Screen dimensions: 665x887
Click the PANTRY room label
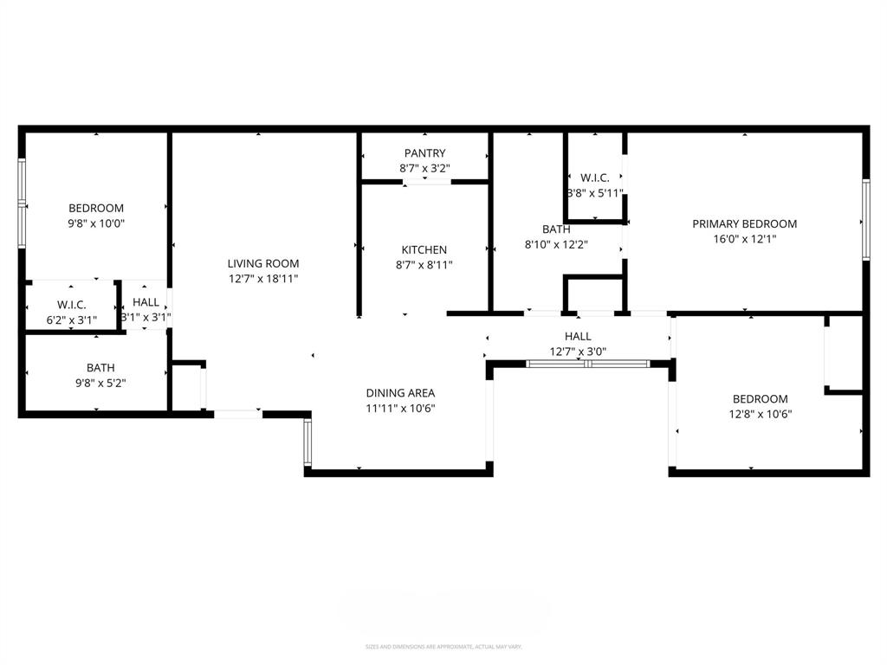424,153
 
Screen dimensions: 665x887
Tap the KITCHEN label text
424,250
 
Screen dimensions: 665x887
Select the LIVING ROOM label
263,263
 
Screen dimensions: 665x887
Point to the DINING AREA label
400,392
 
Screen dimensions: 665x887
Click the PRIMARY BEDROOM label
744,223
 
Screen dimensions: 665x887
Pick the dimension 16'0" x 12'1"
744,239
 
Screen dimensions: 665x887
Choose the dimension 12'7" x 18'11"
263,279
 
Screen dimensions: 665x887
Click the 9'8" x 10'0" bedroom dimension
96,223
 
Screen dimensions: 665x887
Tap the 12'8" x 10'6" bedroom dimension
761,414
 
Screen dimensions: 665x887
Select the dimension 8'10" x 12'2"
556,244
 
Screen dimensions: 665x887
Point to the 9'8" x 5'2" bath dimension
100,383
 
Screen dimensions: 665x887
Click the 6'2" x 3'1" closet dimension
70,320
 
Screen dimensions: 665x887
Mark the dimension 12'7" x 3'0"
578,352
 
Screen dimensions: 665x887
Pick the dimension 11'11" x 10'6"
400,408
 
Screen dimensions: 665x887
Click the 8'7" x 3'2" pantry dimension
424,169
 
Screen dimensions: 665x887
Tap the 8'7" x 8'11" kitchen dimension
424,266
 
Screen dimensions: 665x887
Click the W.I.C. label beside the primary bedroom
595,178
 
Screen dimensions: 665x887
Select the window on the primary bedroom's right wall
864,218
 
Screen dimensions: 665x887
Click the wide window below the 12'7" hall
588,365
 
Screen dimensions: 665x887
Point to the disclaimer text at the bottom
443,647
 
